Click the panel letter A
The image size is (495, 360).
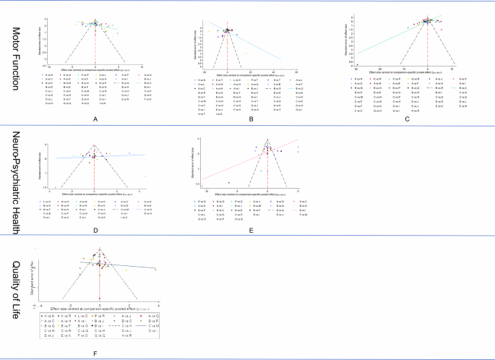[x=95, y=117]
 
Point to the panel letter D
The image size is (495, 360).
[x=95, y=231]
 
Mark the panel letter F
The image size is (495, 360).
[x=95, y=352]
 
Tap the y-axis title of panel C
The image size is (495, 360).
[x=348, y=43]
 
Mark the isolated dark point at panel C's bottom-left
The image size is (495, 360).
[x=356, y=64]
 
